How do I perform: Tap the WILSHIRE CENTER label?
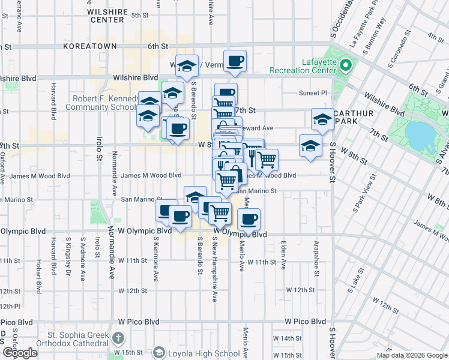pyautogui.click(x=107, y=16)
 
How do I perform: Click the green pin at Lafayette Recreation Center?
pyautogui.click(x=345, y=65)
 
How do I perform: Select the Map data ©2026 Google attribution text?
pyautogui.click(x=412, y=355)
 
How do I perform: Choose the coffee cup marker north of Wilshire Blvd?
pyautogui.click(x=235, y=61)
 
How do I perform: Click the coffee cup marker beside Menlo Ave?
pyautogui.click(x=249, y=219)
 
